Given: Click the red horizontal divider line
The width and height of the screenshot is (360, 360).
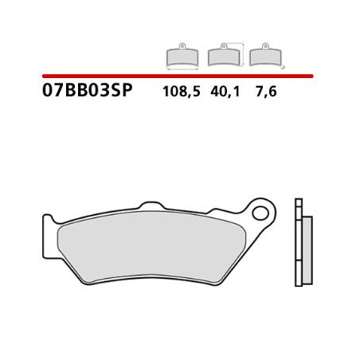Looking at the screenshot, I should click(x=175, y=74).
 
